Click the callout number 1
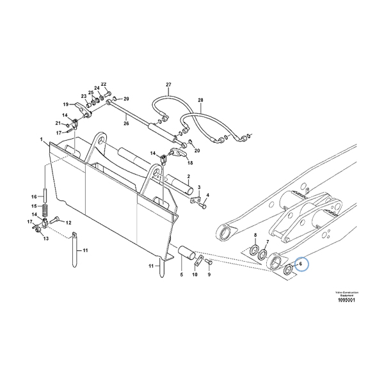pos(41,140)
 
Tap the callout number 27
pos(169,85)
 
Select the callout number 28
pos(200,100)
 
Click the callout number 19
pos(65,104)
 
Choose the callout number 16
pos(35,196)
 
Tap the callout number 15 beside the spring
pos(35,206)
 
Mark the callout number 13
pos(45,238)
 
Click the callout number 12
pos(68,222)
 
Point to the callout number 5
pos(181,275)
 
